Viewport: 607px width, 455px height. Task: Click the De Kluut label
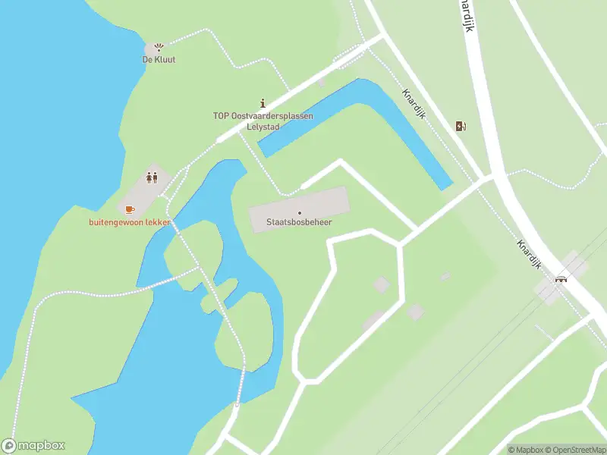point(159,59)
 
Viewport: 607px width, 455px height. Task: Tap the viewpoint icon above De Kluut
point(159,47)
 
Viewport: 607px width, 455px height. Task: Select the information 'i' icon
point(263,103)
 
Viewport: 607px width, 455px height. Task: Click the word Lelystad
point(263,127)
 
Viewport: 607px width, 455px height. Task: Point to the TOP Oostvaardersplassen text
point(263,116)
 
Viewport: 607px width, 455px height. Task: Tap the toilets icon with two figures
point(152,177)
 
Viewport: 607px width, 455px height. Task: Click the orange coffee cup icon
point(129,209)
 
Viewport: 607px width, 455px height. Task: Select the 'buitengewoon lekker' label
point(130,221)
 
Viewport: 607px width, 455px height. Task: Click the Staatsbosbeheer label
point(299,223)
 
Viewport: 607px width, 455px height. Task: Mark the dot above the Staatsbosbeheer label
point(300,212)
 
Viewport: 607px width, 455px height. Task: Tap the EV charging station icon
point(461,126)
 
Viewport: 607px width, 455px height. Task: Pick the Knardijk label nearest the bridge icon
point(528,255)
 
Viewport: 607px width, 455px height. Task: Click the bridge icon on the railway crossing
point(561,278)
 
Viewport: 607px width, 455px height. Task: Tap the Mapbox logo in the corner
point(33,445)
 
